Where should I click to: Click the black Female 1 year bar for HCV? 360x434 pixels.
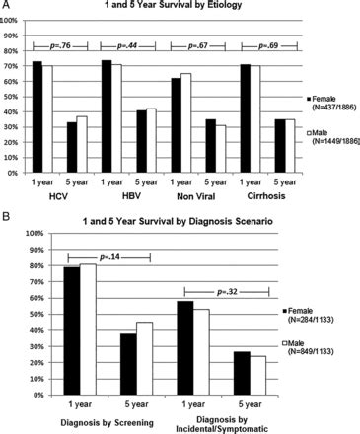point(36,116)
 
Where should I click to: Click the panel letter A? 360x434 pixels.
point(5,7)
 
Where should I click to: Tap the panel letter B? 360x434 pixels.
point(5,216)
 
